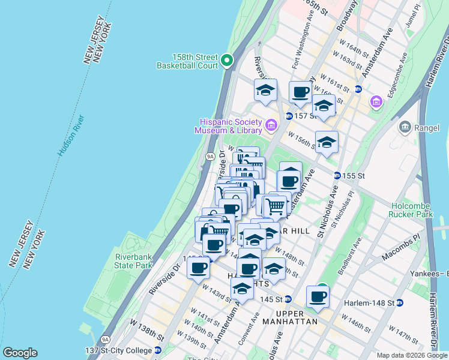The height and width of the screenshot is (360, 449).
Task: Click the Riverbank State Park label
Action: [134, 260]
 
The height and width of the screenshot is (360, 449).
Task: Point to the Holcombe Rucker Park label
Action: [420, 209]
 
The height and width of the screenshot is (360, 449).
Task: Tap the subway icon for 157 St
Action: [289, 116]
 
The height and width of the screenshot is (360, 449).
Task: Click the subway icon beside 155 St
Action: [338, 175]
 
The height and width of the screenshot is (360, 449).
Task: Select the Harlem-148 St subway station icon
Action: [398, 302]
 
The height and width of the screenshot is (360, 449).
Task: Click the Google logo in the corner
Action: [20, 353]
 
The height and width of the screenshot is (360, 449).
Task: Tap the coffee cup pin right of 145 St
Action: [318, 296]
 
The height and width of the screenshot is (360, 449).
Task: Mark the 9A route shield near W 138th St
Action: [106, 340]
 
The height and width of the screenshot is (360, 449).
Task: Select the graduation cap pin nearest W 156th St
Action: [327, 142]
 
